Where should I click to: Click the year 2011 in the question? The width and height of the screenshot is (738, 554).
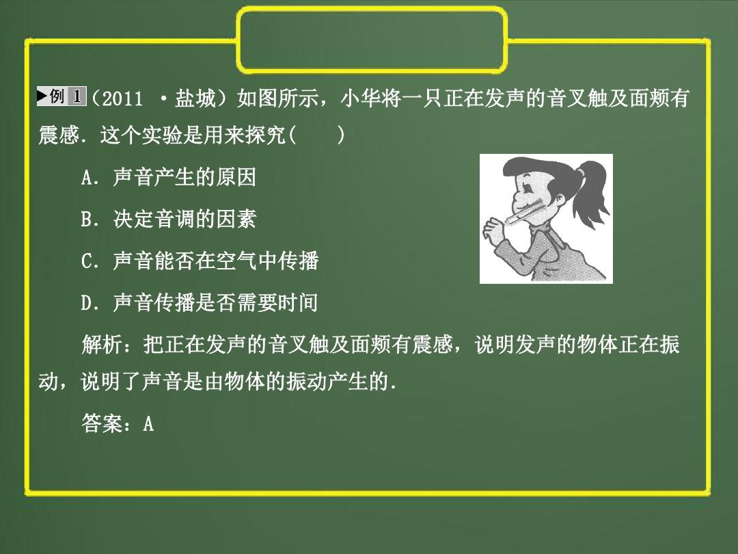tap(122, 99)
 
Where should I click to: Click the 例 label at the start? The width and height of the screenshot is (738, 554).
tap(57, 96)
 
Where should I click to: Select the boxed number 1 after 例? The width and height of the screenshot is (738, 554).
tap(77, 96)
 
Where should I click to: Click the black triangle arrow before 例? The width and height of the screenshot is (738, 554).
tap(42, 96)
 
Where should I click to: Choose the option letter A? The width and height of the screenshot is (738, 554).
tap(86, 178)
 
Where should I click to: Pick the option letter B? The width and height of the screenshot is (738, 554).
tap(86, 220)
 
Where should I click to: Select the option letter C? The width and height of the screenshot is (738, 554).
tap(87, 261)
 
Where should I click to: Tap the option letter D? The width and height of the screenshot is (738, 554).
tap(87, 303)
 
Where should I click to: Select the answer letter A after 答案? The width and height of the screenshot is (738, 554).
tap(148, 423)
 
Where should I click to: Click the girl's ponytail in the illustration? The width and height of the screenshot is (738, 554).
tap(590, 193)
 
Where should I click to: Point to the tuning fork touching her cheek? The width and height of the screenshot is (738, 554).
tap(523, 211)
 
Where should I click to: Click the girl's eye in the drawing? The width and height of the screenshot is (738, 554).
tap(528, 187)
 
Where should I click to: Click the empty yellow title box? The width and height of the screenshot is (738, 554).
tap(372, 10)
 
